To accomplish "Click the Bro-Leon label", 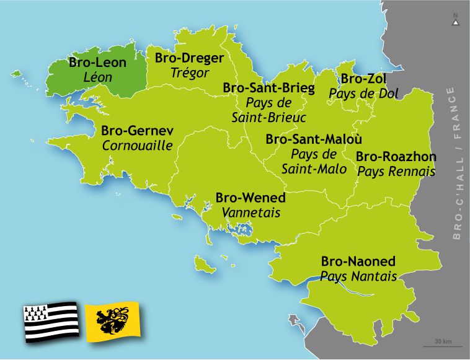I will coord(97,63).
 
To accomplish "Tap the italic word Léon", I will coord(98,77).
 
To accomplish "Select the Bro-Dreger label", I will coord(189,58).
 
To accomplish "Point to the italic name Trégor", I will coord(190,72).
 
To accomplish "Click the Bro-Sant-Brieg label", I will coord(268,88).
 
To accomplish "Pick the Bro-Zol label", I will coord(364,79).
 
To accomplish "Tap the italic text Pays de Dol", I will coord(364,94).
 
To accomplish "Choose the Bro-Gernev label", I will coord(137,131).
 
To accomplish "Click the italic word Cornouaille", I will coord(137,146).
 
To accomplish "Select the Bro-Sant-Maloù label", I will coord(314,139).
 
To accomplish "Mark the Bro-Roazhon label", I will coord(396,156).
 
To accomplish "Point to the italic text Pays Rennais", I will coord(396,172).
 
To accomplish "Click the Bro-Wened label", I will coord(251,198).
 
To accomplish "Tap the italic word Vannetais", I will coord(251,213).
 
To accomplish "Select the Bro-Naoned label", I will coord(358,261).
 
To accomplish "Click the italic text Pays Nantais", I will coord(358,276).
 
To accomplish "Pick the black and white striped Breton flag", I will coord(51,322).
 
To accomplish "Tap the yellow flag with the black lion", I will coord(112,322).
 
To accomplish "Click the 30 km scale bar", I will coord(443,345).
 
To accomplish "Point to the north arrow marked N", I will coord(456,20).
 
